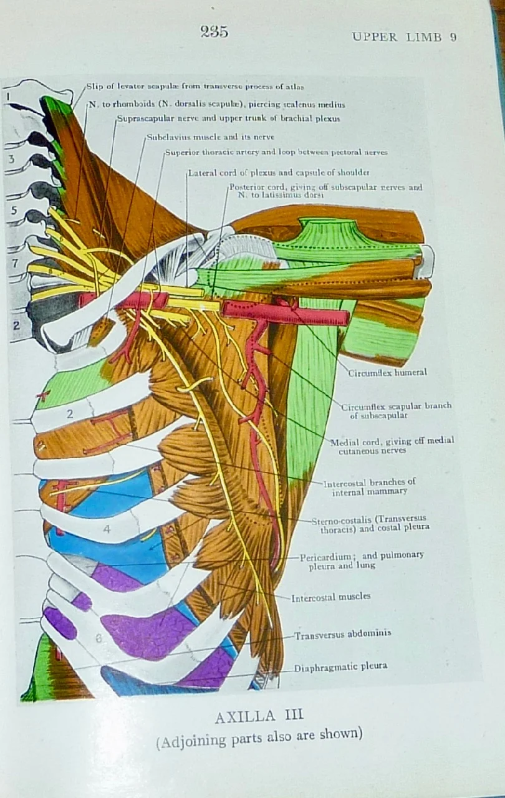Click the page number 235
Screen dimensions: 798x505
[214, 32]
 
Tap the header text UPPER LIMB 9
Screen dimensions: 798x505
[404, 37]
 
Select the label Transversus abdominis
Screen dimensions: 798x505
[343, 633]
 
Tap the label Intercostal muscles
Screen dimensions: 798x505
[330, 597]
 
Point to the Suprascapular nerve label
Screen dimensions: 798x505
[228, 119]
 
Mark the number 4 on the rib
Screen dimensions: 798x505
[107, 530]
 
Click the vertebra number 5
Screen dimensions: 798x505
[14, 211]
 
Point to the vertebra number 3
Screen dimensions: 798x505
[11, 159]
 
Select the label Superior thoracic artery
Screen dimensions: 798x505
[276, 152]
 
